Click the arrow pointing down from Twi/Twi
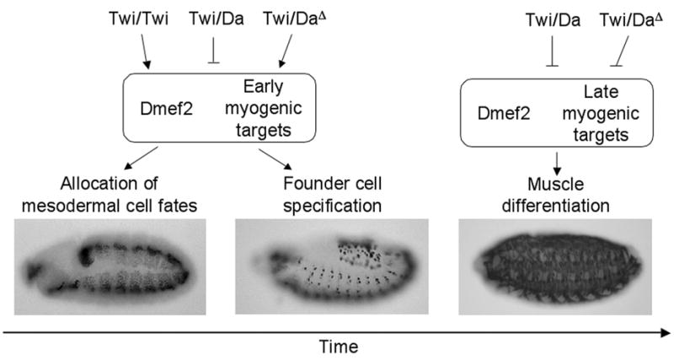(x=147, y=52)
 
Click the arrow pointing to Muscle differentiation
(x=555, y=160)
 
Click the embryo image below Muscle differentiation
(x=555, y=266)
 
